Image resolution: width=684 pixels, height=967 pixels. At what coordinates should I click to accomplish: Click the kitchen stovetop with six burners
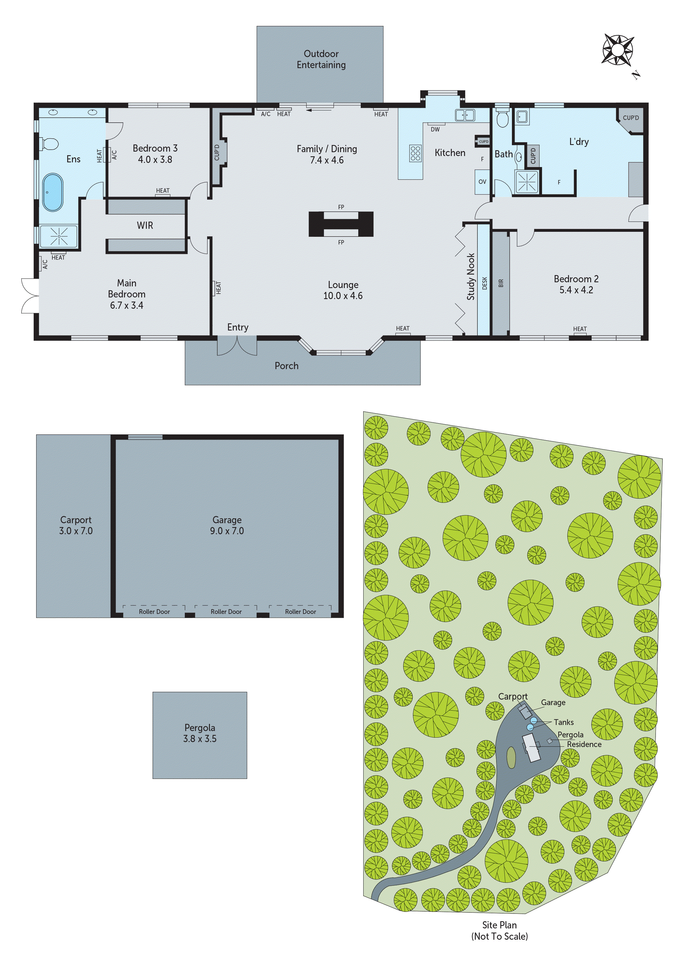(x=415, y=153)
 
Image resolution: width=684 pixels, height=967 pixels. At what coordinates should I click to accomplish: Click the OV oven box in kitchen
(x=482, y=182)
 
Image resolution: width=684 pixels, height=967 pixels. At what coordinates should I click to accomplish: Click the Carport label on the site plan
(x=512, y=697)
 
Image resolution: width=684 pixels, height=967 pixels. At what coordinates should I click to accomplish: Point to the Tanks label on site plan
(x=563, y=722)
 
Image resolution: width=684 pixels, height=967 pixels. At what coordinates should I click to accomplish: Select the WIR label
(x=145, y=225)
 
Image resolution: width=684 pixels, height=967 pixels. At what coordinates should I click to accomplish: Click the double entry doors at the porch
(x=237, y=346)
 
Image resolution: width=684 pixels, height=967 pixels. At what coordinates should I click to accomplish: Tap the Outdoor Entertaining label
(x=321, y=59)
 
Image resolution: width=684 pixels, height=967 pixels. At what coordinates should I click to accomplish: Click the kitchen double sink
(x=465, y=115)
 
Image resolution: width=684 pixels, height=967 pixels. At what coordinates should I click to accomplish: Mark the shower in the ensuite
(x=58, y=236)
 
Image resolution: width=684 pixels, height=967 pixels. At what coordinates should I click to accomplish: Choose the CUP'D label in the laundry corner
(x=630, y=118)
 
